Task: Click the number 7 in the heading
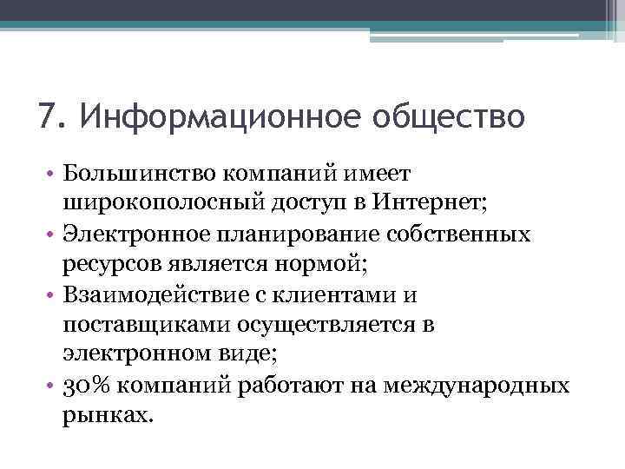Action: [x=48, y=115]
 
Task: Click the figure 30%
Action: [x=85, y=385]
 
